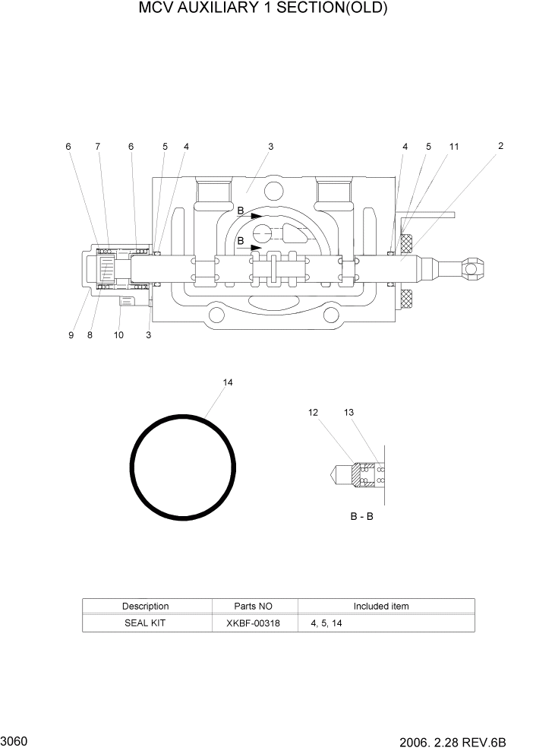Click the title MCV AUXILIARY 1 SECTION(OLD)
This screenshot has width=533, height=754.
[x=263, y=9]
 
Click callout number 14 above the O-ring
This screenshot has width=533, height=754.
[x=227, y=382]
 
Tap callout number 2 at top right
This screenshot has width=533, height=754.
[x=500, y=146]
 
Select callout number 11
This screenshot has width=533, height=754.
[x=453, y=146]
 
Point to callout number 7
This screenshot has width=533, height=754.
[x=97, y=146]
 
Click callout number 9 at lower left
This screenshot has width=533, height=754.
[x=71, y=335]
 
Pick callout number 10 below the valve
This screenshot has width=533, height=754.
[x=118, y=335]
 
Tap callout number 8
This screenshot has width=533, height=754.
[x=90, y=335]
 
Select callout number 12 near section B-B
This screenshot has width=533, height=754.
[x=313, y=413]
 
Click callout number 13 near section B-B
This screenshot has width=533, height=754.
[x=348, y=413]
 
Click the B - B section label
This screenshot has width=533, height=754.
[x=361, y=516]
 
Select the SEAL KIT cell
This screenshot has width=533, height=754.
[x=145, y=623]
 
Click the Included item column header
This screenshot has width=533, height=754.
[x=380, y=606]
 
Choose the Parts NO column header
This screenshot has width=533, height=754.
[x=253, y=606]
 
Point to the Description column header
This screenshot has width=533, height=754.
[x=145, y=606]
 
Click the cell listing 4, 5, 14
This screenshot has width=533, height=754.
[x=326, y=623]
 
